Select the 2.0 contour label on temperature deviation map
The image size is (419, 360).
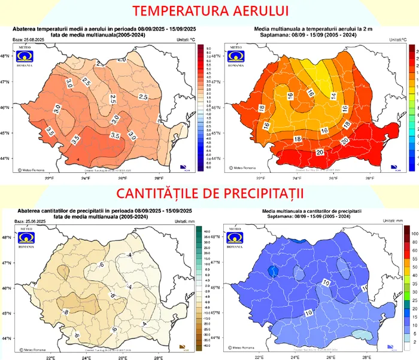click(122, 59)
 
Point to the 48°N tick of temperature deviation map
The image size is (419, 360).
click(5, 56)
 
